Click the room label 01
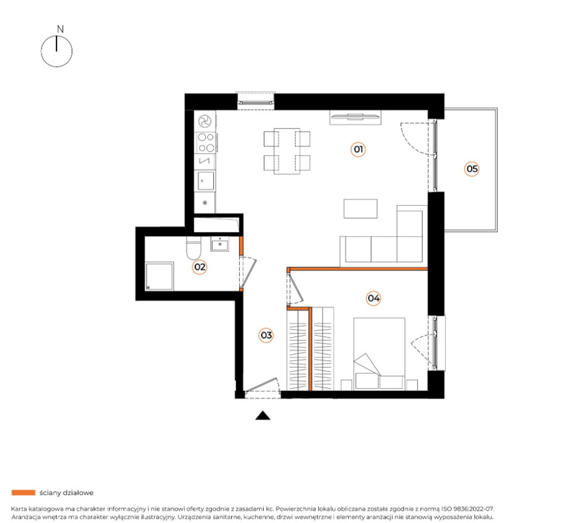coord(358,149)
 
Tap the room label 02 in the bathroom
coord(200,267)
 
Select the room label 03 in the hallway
coord(266,335)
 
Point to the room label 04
coord(374,298)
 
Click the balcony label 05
coord(472,169)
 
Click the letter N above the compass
coord(61,29)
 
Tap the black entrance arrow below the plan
coord(263,415)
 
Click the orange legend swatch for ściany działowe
coord(23,492)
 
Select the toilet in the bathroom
coord(194,248)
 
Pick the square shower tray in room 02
coord(159,276)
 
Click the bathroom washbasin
coord(220,244)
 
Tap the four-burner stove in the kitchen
coord(206,142)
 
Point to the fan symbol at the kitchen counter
coord(204,121)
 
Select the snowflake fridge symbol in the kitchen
coord(205,202)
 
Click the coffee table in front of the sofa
coord(361,208)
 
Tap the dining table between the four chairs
coord(287,151)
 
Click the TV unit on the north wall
coord(356,118)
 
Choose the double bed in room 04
coord(379,353)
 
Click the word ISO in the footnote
coord(446,509)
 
